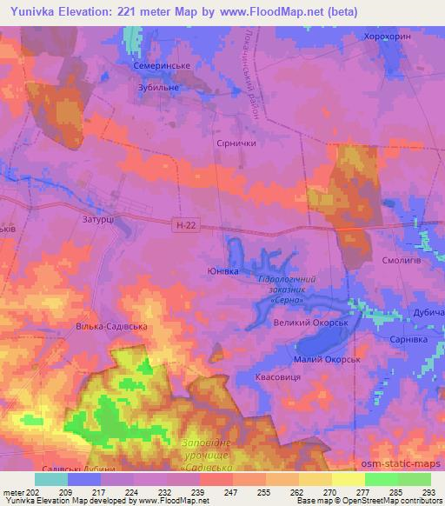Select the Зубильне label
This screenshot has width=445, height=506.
157,87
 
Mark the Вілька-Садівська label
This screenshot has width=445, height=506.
108,327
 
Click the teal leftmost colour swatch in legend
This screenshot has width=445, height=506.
51,479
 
